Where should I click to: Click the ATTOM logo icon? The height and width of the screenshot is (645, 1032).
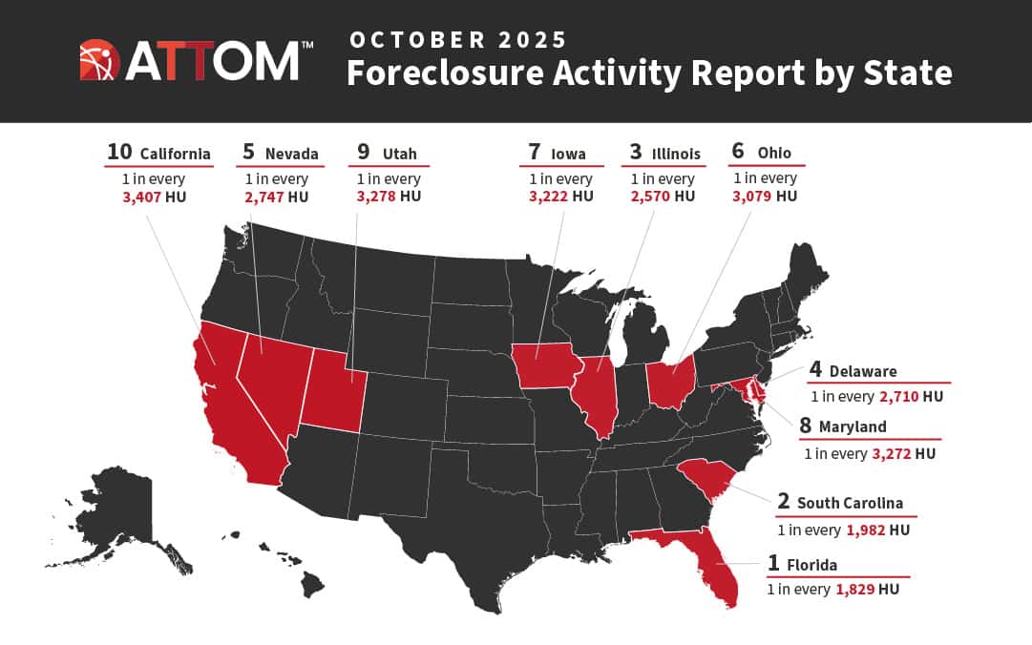pos(99,59)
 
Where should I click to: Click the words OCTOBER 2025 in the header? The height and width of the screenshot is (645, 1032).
pos(458,40)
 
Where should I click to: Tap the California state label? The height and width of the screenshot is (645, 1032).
pos(175,153)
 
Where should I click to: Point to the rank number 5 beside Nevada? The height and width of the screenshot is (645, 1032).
pos(248,152)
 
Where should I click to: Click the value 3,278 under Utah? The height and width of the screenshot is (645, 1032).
pos(376,197)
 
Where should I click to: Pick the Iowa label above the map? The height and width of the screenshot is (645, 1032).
pos(568,153)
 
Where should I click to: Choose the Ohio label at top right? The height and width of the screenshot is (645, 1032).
pos(774,153)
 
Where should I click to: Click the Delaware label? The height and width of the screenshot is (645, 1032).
pos(863,371)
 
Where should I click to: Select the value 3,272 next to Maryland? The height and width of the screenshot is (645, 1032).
pos(892,454)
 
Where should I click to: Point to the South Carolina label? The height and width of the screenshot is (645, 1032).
pos(850,503)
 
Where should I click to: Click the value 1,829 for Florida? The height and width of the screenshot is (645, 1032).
pos(854,590)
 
